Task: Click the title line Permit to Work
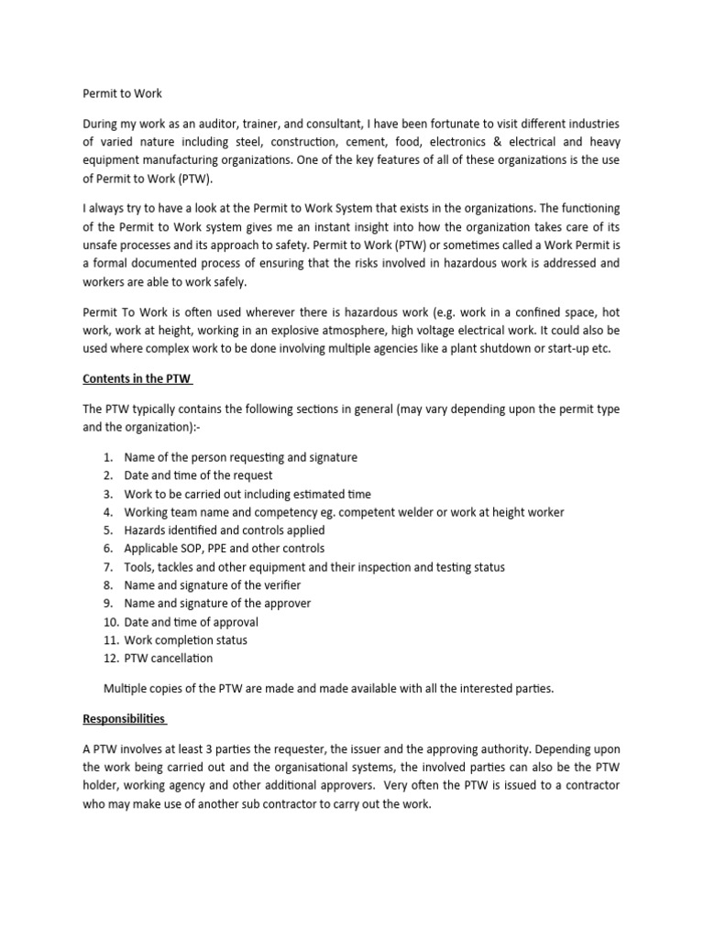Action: (x=122, y=93)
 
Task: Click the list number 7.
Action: (x=107, y=567)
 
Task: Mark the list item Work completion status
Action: (x=185, y=640)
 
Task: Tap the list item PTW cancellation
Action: (x=168, y=659)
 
